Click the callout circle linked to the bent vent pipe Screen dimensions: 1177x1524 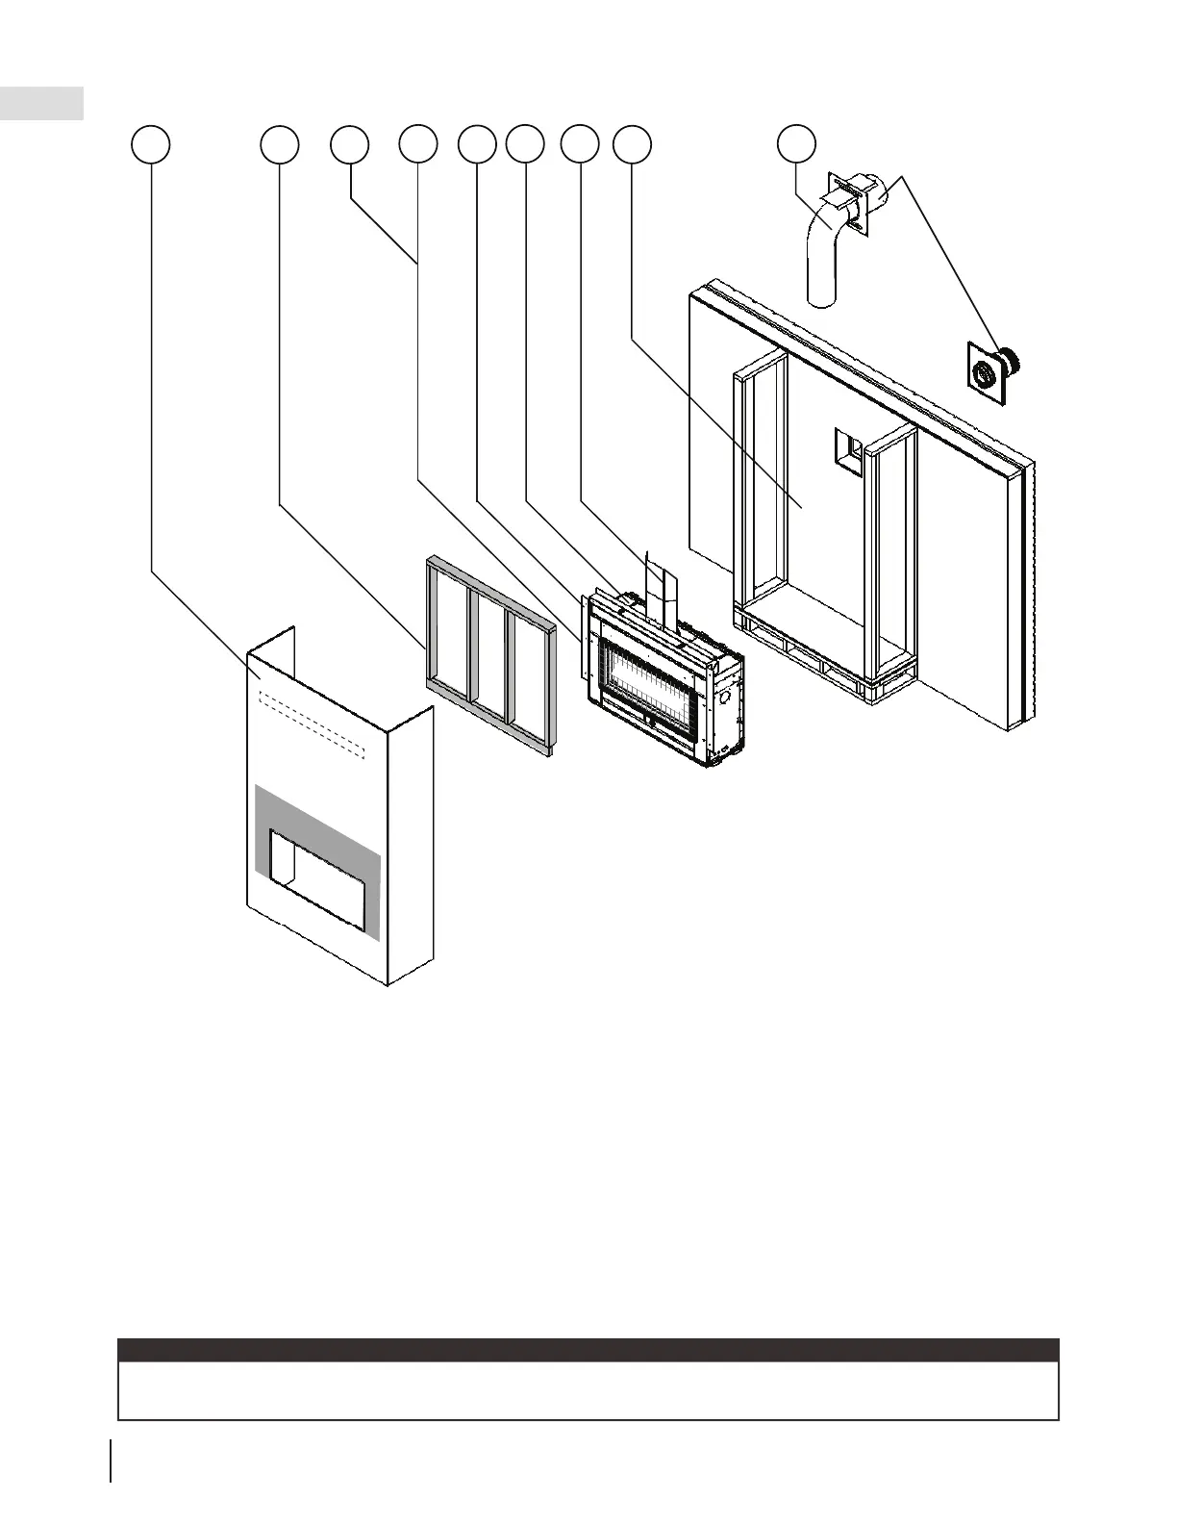pos(796,143)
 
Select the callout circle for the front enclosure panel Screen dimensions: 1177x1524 pos(151,144)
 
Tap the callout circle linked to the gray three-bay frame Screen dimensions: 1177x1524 pos(280,144)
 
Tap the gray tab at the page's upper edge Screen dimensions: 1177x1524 pos(41,103)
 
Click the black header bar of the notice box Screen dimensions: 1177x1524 pos(588,1349)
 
